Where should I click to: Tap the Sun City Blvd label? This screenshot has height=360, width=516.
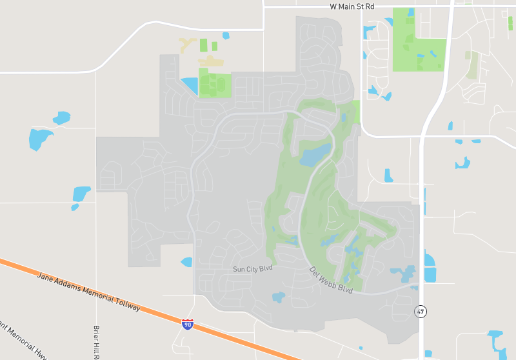[253, 268]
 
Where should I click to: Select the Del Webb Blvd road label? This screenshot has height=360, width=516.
[331, 281]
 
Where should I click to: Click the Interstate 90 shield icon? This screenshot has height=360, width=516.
[187, 324]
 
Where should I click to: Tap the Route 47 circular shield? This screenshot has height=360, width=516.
[421, 312]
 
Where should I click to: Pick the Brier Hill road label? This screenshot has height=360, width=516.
[97, 342]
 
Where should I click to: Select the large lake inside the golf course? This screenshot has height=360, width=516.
[314, 155]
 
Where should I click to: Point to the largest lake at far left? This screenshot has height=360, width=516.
[40, 138]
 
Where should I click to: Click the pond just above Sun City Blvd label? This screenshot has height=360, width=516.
[186, 262]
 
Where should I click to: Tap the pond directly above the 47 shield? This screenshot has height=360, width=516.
[429, 267]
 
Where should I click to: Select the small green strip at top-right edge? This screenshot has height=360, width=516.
[510, 23]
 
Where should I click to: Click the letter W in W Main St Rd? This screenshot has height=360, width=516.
[333, 6]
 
